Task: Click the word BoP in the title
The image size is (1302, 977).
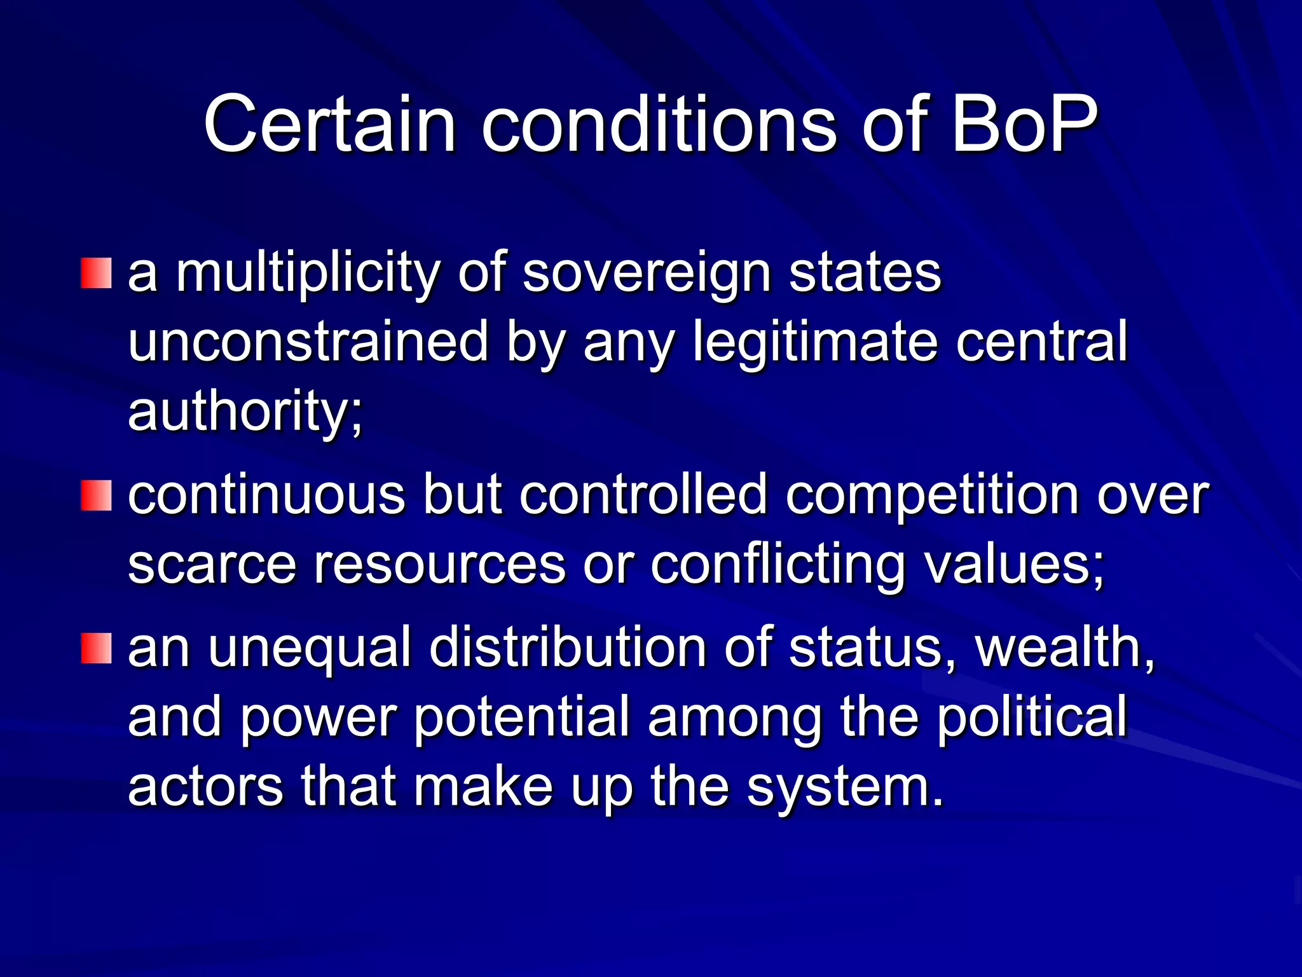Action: [x=1024, y=124]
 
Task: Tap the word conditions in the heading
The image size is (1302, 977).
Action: [x=659, y=124]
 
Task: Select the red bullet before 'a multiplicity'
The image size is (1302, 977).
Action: [x=96, y=274]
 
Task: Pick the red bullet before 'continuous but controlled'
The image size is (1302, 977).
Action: [x=96, y=496]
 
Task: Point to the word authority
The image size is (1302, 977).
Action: [x=245, y=412]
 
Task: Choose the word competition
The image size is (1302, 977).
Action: [x=932, y=496]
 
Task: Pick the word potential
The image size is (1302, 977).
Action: [x=522, y=717]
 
